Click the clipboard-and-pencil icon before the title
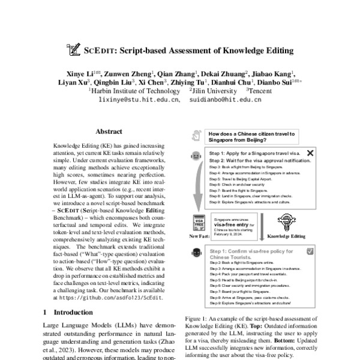(74, 50)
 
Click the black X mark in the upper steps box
(310, 153)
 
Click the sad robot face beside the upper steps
(195, 157)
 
